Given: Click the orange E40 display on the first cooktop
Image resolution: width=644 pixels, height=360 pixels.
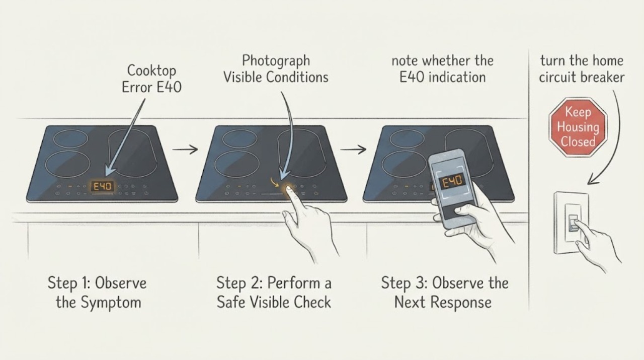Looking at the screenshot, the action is [102, 187].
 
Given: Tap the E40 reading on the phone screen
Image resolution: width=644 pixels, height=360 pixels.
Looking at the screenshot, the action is [452, 182].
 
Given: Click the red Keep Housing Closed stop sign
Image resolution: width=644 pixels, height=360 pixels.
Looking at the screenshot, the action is [578, 127].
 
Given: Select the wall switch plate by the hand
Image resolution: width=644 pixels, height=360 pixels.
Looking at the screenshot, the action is [572, 223].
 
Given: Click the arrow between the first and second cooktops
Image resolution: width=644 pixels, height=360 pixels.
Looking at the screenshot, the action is [185, 150].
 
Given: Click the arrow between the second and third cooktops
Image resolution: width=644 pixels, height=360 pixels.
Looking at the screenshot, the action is [353, 150].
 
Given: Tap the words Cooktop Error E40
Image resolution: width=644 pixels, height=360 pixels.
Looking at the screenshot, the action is [151, 79].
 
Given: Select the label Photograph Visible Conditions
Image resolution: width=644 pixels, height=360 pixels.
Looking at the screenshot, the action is [276, 69].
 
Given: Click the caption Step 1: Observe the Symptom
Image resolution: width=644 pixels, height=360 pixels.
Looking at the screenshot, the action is [98, 293].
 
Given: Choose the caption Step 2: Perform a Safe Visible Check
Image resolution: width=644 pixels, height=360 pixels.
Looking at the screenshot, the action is [274, 293].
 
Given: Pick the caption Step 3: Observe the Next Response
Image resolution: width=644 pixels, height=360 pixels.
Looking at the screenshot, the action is [444, 293].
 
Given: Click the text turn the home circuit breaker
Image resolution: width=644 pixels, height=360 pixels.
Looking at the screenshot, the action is [582, 69].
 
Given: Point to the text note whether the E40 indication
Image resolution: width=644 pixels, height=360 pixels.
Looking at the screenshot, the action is [442, 69].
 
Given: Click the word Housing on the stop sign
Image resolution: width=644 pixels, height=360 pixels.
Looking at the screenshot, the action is [578, 127].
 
